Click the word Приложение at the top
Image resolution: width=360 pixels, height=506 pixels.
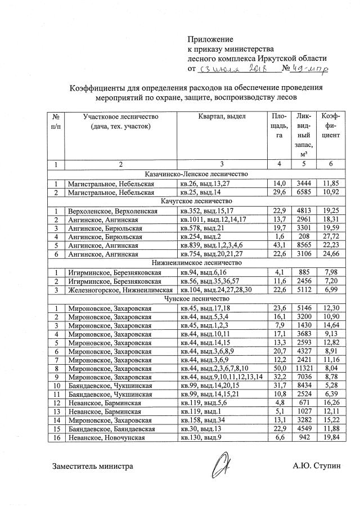(x=210, y=39)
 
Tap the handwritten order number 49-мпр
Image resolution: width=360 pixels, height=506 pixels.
(x=307, y=69)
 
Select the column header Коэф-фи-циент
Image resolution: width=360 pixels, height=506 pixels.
(x=330, y=126)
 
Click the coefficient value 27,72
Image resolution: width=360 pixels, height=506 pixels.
(x=330, y=238)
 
